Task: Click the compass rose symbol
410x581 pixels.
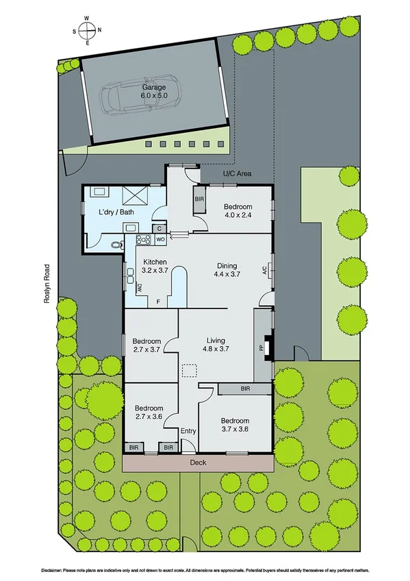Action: pyautogui.click(x=87, y=30)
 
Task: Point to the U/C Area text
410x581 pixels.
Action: pyautogui.click(x=237, y=174)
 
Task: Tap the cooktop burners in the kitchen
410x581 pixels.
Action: pyautogui.click(x=144, y=240)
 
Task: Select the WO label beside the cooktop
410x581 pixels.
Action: pyautogui.click(x=159, y=240)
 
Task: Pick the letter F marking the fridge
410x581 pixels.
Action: pyautogui.click(x=159, y=301)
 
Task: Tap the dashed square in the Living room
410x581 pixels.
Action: pyautogui.click(x=189, y=370)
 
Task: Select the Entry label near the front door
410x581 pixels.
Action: pyautogui.click(x=188, y=431)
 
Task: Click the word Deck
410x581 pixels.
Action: pyautogui.click(x=197, y=463)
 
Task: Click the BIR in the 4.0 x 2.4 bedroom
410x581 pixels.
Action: pyautogui.click(x=199, y=199)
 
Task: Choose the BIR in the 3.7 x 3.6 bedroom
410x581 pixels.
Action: pyautogui.click(x=244, y=388)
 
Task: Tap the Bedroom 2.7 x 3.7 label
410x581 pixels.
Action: pyautogui.click(x=146, y=345)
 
